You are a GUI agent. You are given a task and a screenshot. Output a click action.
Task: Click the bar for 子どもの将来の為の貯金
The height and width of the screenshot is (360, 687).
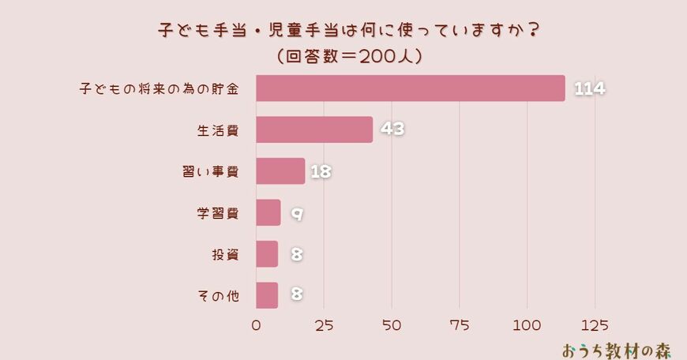[x=411, y=88]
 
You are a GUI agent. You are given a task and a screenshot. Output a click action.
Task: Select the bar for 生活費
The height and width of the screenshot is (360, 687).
[x=314, y=129]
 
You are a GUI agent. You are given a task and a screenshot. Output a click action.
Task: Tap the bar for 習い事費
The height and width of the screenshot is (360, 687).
[x=280, y=171]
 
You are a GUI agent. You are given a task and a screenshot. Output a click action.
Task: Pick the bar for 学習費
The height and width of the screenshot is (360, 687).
[x=268, y=212]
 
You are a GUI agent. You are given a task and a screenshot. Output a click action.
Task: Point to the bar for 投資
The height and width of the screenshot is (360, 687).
[x=267, y=254]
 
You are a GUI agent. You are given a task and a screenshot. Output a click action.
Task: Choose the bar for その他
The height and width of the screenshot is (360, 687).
[x=267, y=295]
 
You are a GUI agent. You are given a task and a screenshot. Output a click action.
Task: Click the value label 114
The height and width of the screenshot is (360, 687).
[x=589, y=88]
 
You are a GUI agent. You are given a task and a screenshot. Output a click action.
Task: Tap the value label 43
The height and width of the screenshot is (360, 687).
[x=392, y=129]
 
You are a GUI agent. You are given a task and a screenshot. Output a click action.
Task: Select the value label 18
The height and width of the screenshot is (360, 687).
[x=320, y=171]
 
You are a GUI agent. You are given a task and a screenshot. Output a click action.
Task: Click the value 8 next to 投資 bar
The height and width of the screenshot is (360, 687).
[x=297, y=254]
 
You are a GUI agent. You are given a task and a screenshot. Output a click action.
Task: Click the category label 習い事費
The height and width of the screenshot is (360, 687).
[x=210, y=171]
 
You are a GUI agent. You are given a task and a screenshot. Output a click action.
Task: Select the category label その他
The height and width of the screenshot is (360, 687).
[x=216, y=296]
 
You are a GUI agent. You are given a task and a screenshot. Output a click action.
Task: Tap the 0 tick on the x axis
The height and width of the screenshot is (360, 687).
[x=257, y=324]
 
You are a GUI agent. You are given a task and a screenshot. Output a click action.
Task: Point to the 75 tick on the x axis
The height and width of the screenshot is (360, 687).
[x=460, y=324]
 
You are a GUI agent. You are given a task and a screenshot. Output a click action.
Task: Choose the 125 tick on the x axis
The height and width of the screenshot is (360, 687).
[x=595, y=324]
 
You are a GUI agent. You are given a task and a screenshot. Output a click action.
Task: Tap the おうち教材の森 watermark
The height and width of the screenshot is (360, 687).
[x=617, y=348]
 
